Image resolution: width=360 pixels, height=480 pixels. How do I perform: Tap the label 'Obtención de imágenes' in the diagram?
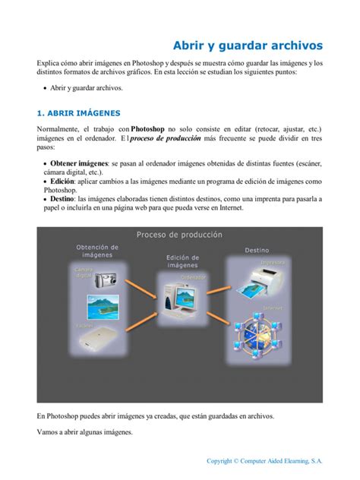(97, 251)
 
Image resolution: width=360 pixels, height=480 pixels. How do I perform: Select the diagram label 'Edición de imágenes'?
(182, 261)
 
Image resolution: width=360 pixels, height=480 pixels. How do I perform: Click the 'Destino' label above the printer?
(257, 250)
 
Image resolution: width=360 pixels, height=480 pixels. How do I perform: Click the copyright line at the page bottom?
(265, 460)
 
